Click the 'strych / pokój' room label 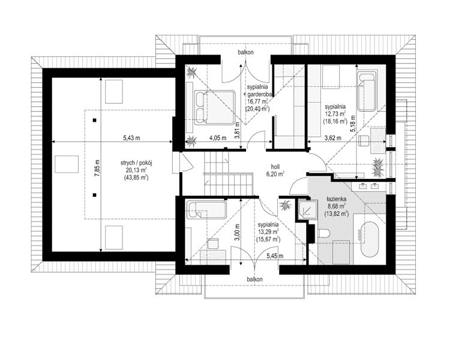[x=136, y=163]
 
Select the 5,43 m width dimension [x=132, y=138]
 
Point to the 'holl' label [x=275, y=167]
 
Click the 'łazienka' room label [x=337, y=199]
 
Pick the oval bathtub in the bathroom [x=370, y=239]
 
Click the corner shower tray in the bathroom [x=308, y=209]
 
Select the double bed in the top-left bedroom [x=215, y=107]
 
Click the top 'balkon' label [x=245, y=52]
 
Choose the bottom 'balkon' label [x=255, y=279]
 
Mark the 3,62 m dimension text [x=332, y=138]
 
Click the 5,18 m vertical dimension [x=353, y=124]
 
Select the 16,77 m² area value [x=257, y=101]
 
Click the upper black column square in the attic [x=94, y=120]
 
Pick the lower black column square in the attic [x=94, y=195]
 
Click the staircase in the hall [x=229, y=173]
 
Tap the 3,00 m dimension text [x=237, y=232]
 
